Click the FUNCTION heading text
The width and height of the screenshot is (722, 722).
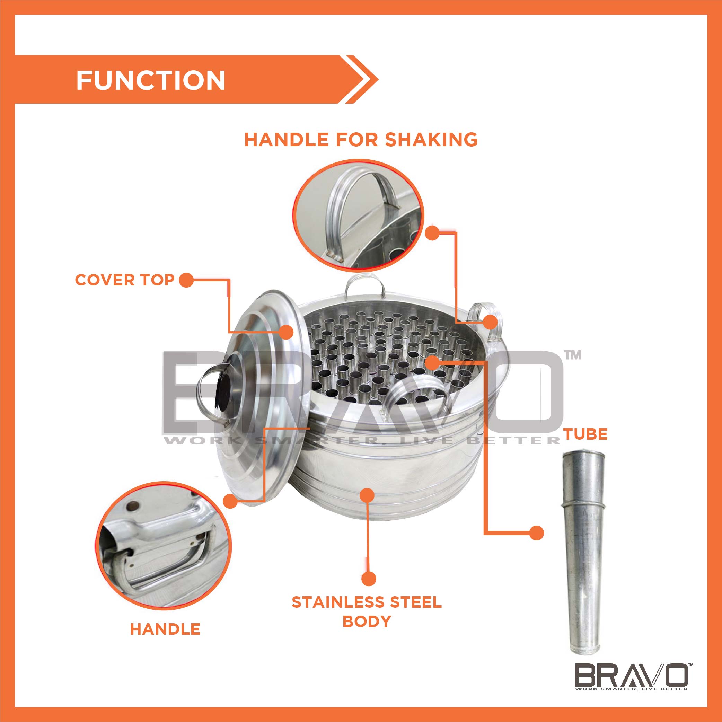(x=151, y=80)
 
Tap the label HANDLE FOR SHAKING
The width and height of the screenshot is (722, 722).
(x=361, y=139)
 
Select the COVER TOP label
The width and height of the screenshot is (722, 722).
(x=125, y=280)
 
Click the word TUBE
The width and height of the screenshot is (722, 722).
(x=585, y=434)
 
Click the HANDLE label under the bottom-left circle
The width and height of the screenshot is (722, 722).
(x=165, y=629)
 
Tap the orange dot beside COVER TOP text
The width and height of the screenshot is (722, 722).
(x=186, y=280)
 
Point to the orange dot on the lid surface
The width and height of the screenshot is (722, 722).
(x=286, y=332)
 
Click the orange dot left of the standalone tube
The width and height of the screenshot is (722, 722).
(x=536, y=533)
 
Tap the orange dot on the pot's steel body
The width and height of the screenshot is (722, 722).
(x=367, y=495)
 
